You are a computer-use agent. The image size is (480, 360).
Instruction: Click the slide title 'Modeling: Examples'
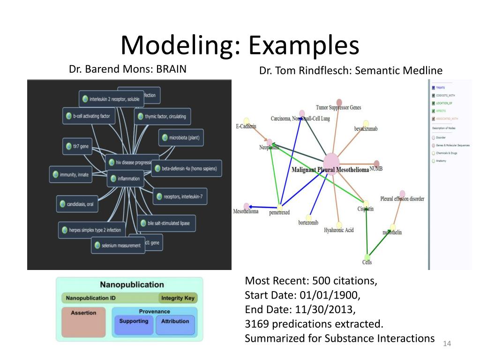click(x=240, y=45)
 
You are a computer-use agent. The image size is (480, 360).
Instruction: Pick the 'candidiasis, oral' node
click(x=77, y=204)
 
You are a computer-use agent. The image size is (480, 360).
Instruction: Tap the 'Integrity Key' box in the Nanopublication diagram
click(x=178, y=298)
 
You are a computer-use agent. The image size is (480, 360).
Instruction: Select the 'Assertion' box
click(x=83, y=323)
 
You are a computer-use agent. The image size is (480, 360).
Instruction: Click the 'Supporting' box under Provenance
click(x=133, y=324)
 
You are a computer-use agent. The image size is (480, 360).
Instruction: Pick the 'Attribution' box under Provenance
click(x=175, y=324)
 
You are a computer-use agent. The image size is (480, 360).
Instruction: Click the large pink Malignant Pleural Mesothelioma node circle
click(x=331, y=164)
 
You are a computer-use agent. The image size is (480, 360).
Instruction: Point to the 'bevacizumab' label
click(x=366, y=128)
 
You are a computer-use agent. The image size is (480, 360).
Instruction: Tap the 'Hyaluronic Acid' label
click(x=338, y=230)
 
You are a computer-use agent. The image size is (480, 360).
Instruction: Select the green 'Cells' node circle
click(x=367, y=256)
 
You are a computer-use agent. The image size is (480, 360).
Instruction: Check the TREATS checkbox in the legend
click(x=433, y=88)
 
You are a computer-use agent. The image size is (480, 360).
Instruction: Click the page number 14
click(x=446, y=345)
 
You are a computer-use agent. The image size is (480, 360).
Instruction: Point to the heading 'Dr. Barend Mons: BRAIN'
click(x=127, y=69)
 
